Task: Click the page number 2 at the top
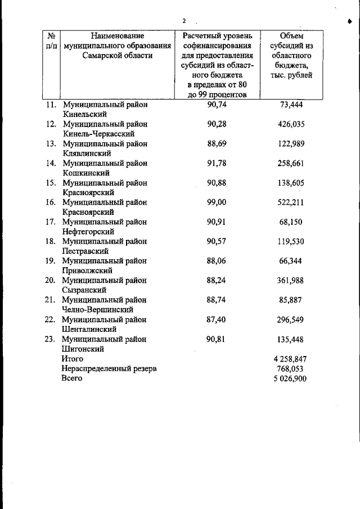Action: coord(183,21)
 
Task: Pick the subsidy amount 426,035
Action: coord(291,124)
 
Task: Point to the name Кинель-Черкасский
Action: coord(98,134)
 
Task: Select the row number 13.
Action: coord(51,143)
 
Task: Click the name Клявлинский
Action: coord(87,153)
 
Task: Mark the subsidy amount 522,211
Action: coord(291,202)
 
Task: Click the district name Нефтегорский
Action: coord(89,231)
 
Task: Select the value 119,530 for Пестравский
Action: coord(291,241)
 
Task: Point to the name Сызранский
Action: coord(84,290)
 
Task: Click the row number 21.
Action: coord(51,300)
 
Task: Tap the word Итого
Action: coord(73,358)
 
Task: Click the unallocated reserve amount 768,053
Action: coord(291,368)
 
